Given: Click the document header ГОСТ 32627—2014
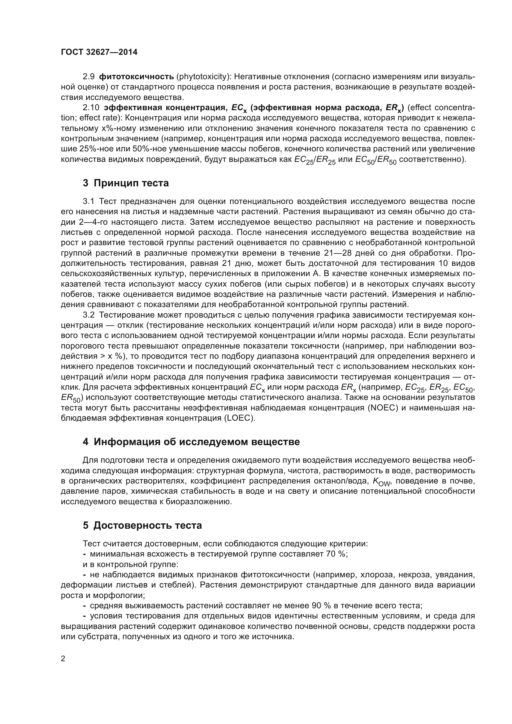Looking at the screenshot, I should pos(99,52).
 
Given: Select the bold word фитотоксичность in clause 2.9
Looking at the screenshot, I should pos(137,77).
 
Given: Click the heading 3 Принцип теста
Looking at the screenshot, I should pos(126,183).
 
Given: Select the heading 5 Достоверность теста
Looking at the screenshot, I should pos(142,526).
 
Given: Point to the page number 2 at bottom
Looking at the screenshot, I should pos(63,659).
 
